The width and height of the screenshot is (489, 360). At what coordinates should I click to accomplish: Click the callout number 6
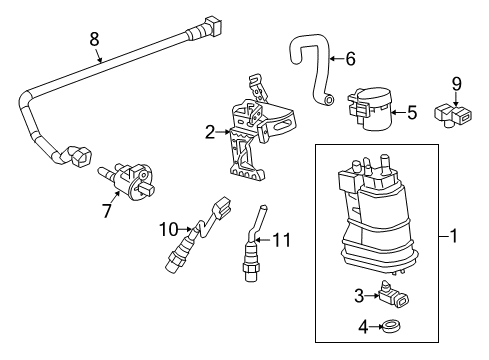tap(350, 59)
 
